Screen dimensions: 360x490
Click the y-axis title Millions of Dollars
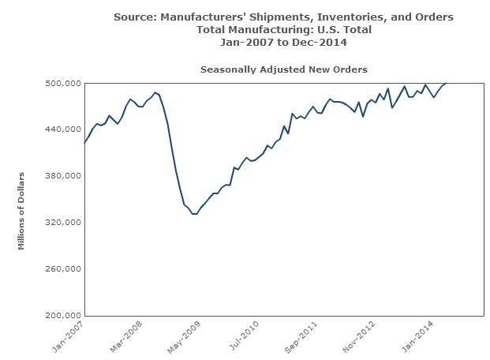pos(23,210)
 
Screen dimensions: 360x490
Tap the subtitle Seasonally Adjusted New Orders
pos(283,69)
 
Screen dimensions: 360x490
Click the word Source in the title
pos(134,17)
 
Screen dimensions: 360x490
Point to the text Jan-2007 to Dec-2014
pos(283,42)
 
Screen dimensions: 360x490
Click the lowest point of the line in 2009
pos(194,214)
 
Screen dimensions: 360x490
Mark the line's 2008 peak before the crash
pos(155,92)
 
